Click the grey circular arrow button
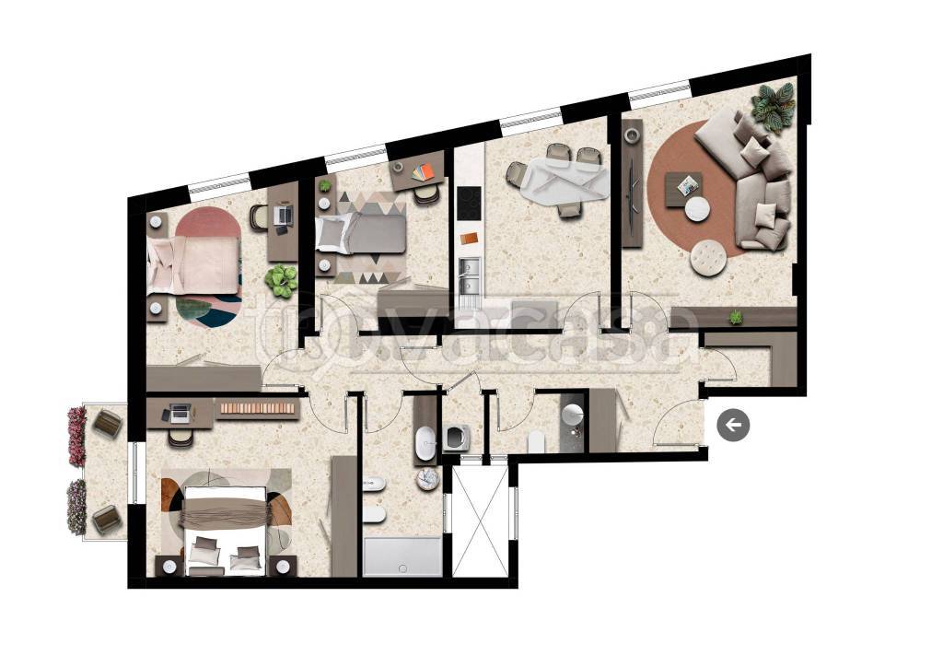point(733,426)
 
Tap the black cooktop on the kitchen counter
point(469,204)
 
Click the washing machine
point(457,438)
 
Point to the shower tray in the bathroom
point(402,556)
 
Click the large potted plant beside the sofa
point(774,105)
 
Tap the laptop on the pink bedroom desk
point(283,215)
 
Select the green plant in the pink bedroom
point(281,280)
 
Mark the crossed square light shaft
point(481,521)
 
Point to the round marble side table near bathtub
point(428,479)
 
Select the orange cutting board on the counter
point(469,239)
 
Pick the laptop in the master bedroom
point(180,413)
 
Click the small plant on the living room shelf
point(736,317)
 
